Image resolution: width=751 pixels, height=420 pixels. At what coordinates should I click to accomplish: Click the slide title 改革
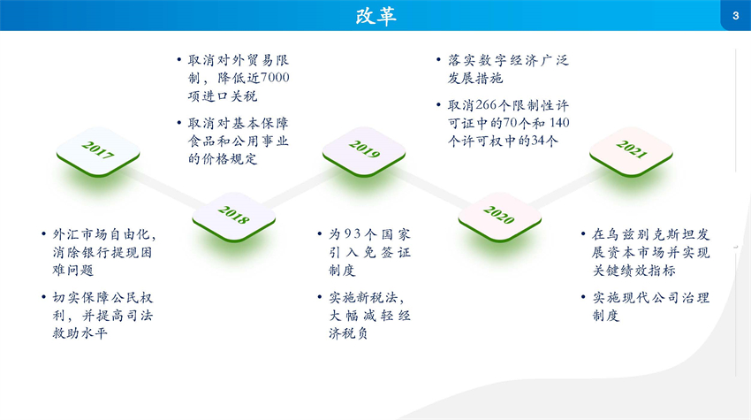click(x=376, y=16)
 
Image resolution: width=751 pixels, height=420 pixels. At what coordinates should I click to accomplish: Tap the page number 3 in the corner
click(x=736, y=16)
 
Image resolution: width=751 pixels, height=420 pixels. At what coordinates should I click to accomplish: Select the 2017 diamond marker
click(x=98, y=151)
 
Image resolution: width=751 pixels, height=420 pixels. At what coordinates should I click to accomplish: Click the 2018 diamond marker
click(x=234, y=217)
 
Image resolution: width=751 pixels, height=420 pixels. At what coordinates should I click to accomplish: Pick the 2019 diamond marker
click(x=364, y=151)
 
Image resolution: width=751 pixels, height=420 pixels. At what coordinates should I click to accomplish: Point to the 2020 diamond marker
click(x=499, y=217)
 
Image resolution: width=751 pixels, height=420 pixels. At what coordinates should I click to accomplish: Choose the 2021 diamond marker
click(x=631, y=151)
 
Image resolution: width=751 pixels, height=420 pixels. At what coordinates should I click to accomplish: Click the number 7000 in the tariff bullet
click(x=275, y=78)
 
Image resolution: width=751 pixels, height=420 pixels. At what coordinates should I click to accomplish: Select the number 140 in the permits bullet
click(x=559, y=123)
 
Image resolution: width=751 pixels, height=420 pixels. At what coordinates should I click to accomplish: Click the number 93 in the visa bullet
click(x=352, y=234)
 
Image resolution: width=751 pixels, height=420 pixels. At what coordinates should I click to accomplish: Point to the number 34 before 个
click(x=538, y=141)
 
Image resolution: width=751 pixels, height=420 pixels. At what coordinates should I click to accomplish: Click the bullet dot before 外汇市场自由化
click(x=43, y=234)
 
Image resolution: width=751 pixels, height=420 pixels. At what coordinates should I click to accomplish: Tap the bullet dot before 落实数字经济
click(x=439, y=60)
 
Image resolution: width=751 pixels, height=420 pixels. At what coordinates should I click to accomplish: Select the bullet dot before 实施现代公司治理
click(x=583, y=297)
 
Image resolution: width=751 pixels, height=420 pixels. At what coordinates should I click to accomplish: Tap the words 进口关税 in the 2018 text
click(x=230, y=95)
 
